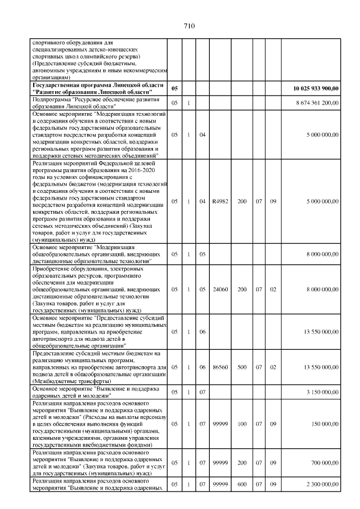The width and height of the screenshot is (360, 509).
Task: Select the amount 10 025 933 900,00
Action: (x=316, y=88)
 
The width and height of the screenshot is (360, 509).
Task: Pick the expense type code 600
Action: (x=242, y=484)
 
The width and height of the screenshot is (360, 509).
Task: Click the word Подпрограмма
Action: (x=52, y=100)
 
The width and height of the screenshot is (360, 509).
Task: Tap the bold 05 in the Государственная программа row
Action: (x=174, y=88)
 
